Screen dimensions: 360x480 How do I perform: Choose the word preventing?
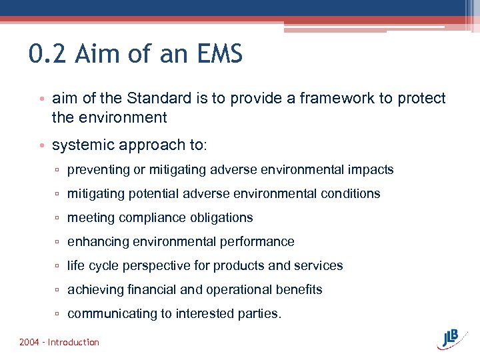tap(98, 170)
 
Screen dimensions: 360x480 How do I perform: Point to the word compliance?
tap(149, 218)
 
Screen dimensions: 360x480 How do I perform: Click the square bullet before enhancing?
tap(59, 242)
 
